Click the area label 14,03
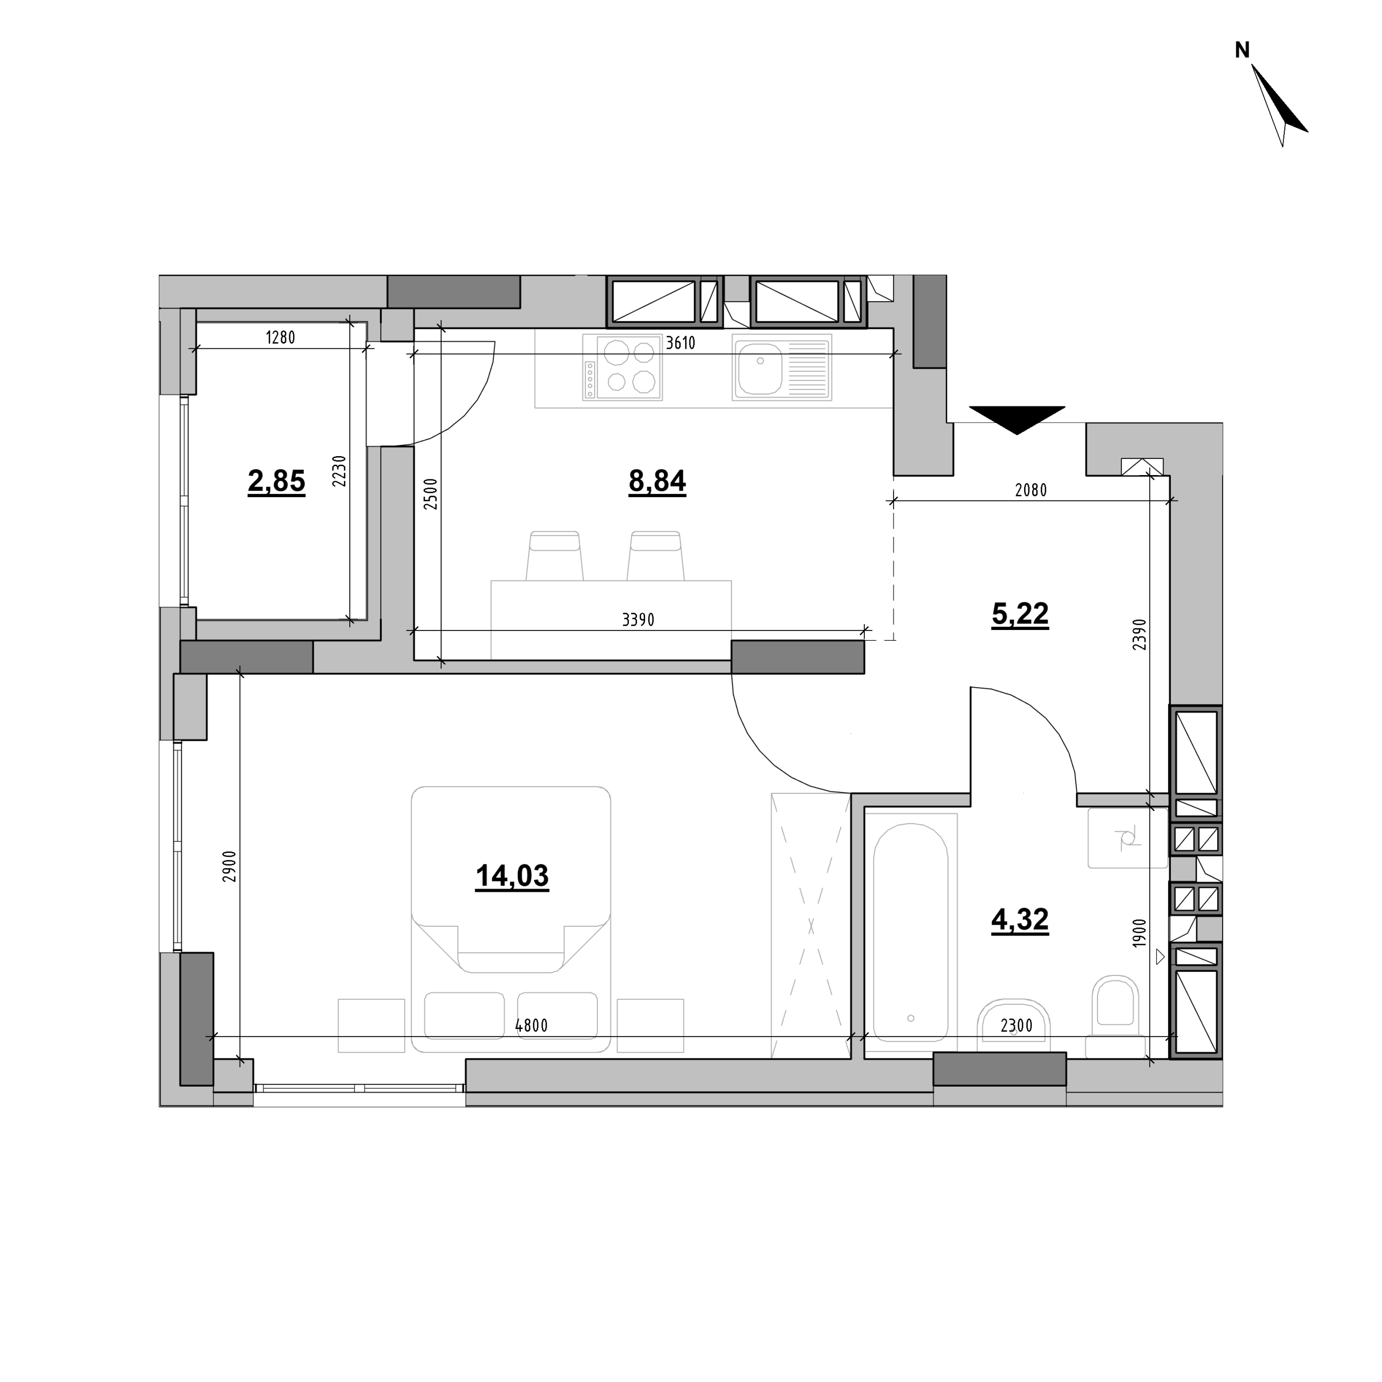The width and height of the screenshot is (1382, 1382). pyautogui.click(x=512, y=876)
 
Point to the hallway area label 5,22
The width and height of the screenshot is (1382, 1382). pyautogui.click(x=1020, y=614)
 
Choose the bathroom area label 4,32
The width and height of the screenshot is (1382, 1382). pyautogui.click(x=1020, y=920)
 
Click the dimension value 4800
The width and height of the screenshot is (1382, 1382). pyautogui.click(x=532, y=1026)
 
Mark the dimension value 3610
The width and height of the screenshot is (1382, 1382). pyautogui.click(x=680, y=343)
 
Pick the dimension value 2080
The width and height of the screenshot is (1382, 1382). pyautogui.click(x=1031, y=490)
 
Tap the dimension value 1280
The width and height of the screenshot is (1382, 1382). pyautogui.click(x=280, y=337)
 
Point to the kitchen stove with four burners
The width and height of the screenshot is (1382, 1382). pyautogui.click(x=621, y=368)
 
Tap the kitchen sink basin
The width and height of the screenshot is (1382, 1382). pyautogui.click(x=782, y=368)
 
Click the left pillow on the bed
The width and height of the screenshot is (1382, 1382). pyautogui.click(x=464, y=1016)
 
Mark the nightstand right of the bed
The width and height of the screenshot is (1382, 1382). pyautogui.click(x=650, y=1026)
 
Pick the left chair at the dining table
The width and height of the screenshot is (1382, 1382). pyautogui.click(x=554, y=556)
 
